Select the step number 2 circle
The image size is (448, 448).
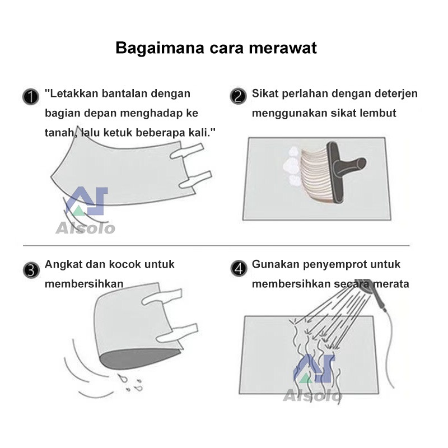click(238, 96)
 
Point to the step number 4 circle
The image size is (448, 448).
click(238, 269)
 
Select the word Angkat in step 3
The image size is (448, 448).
click(62, 264)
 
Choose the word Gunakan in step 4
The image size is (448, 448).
click(273, 264)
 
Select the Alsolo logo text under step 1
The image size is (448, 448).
click(85, 228)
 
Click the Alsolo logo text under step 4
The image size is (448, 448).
click(312, 396)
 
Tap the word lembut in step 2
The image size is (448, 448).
click(379, 113)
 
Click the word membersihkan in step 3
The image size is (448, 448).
click(84, 284)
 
